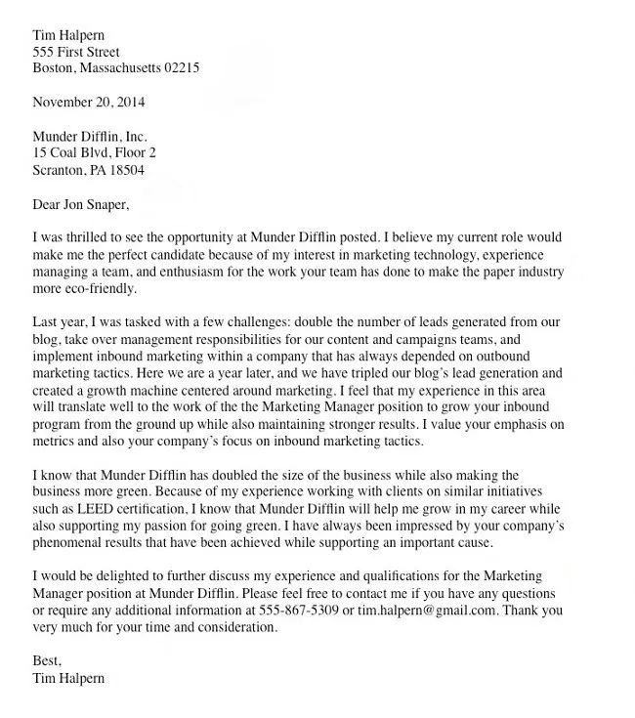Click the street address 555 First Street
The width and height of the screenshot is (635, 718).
77,52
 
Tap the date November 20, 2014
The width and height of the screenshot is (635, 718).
90,102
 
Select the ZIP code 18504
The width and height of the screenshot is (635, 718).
126,170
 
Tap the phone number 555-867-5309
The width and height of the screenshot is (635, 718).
300,611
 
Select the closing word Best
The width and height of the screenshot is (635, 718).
47,662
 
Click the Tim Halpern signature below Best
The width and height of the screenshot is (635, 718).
68,679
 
